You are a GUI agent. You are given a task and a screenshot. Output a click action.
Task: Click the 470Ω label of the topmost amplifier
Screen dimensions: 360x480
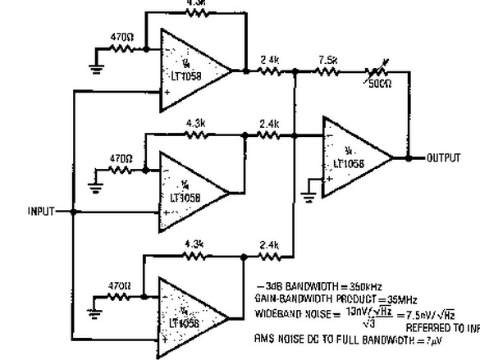point(121,36)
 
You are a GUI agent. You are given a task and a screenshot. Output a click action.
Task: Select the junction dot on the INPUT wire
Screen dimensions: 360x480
point(74,212)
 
